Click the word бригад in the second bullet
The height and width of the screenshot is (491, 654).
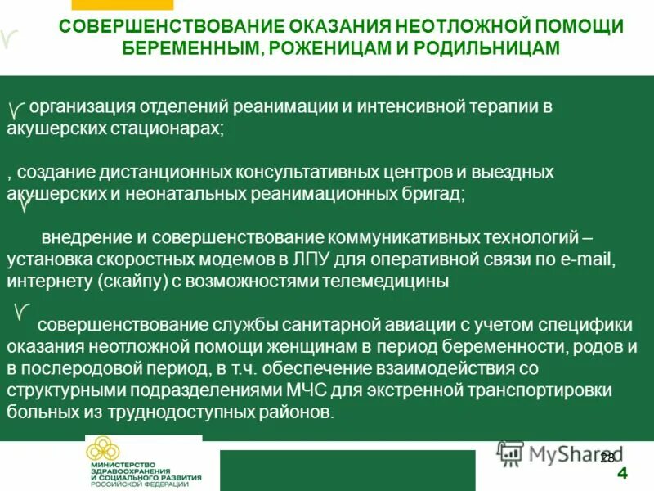tap(433, 194)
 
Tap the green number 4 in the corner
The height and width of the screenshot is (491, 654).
tap(622, 474)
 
